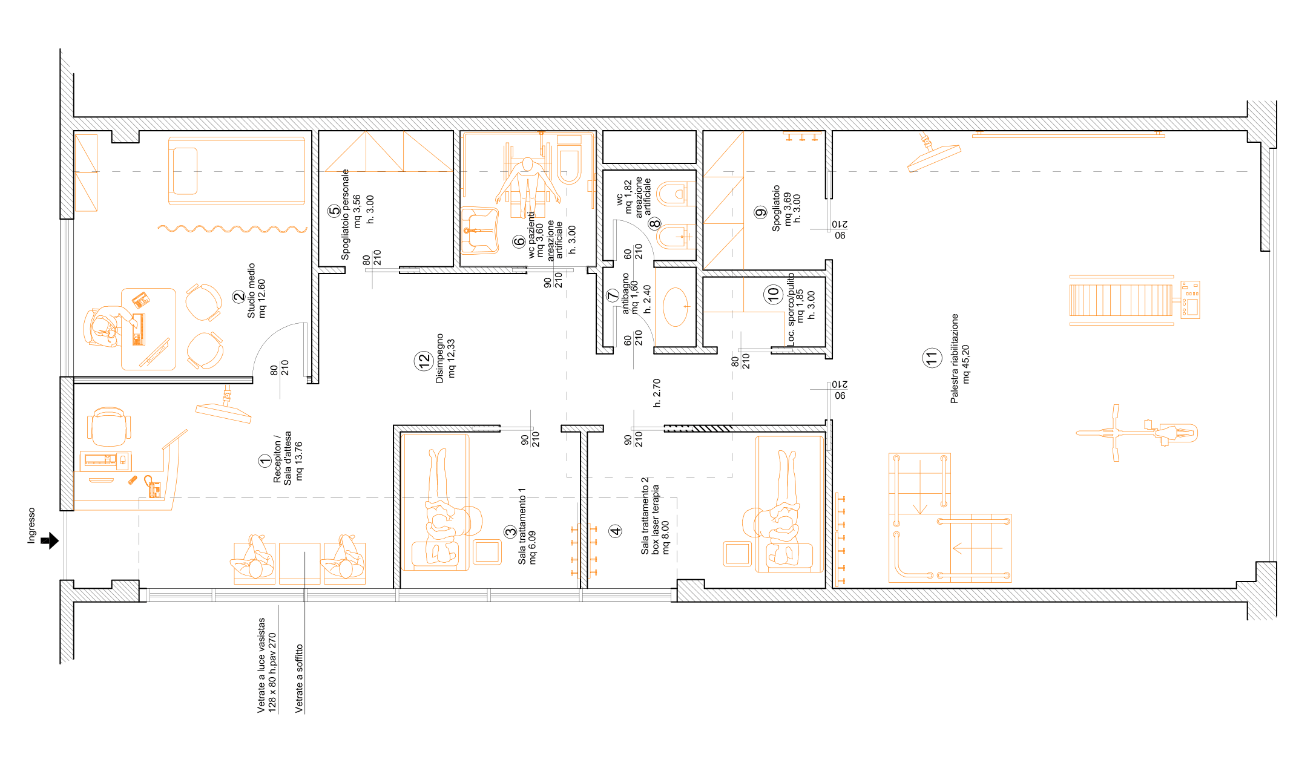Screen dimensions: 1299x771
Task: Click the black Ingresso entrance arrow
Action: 50,540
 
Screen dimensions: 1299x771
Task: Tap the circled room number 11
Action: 932,358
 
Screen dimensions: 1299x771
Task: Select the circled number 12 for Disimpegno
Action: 423,361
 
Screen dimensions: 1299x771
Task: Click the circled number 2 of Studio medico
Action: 238,297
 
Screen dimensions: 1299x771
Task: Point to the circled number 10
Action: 774,295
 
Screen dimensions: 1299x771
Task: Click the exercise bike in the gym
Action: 1137,433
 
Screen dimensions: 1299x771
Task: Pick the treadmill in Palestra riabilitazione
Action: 1134,300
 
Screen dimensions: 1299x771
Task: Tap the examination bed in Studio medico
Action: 237,171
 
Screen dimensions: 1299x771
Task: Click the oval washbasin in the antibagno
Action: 676,307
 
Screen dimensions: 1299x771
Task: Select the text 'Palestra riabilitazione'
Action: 955,358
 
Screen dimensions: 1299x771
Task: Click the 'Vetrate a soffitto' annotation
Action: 299,678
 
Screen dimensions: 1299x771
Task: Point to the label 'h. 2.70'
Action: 657,393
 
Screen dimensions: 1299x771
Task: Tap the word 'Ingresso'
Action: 31,525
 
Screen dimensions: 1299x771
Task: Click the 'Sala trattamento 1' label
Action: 522,526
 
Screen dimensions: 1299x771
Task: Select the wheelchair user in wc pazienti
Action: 527,185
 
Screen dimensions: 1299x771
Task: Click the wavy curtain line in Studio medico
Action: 232,229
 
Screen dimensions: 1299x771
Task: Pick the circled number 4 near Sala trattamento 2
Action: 616,531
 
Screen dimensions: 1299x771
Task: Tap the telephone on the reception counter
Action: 153,487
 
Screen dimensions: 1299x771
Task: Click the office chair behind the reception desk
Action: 109,427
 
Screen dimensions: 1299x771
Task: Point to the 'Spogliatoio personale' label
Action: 345,214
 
